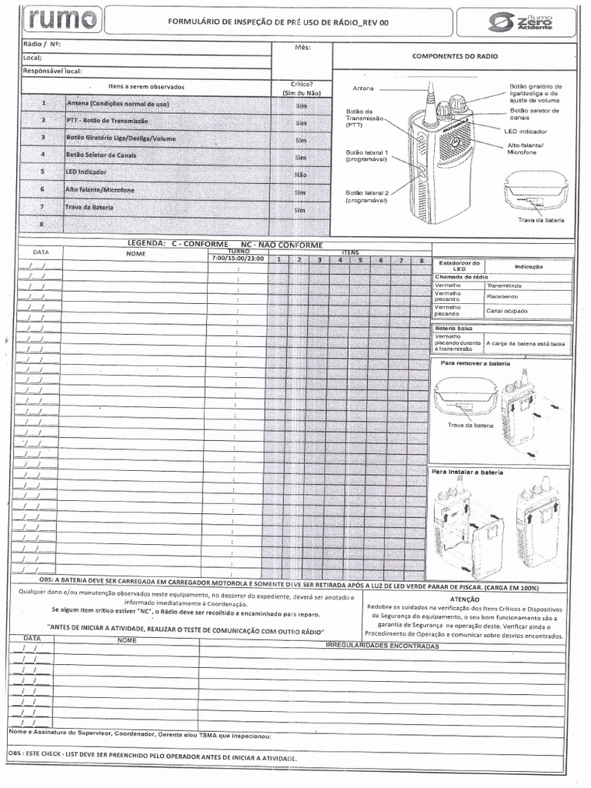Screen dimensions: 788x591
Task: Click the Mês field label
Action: pyautogui.click(x=302, y=48)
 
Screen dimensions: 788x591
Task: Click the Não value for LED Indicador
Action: pyautogui.click(x=301, y=175)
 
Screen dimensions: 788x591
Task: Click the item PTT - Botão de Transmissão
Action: pyautogui.click(x=108, y=121)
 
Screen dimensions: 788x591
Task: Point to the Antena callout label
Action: pyautogui.click(x=362, y=88)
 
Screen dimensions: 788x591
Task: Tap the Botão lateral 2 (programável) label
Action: pyautogui.click(x=367, y=196)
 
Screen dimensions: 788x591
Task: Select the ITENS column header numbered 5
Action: pyautogui.click(x=359, y=260)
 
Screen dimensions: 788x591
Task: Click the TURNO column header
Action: pyautogui.click(x=238, y=252)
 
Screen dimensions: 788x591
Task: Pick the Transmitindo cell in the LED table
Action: pyautogui.click(x=504, y=285)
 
